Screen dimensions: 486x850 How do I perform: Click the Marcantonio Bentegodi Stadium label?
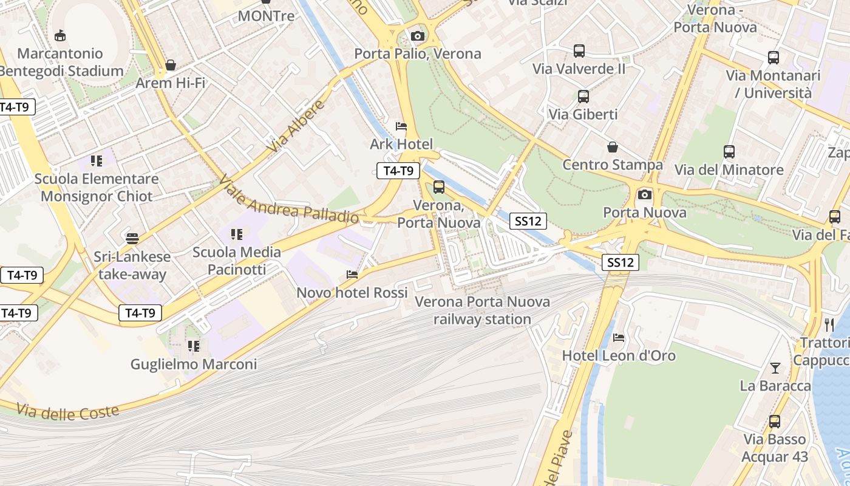(61, 62)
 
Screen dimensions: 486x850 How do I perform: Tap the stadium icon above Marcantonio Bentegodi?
(60, 36)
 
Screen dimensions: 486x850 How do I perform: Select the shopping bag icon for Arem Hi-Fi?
(171, 65)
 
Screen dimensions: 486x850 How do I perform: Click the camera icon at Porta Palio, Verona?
(417, 36)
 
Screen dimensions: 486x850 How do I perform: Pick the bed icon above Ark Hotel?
(401, 126)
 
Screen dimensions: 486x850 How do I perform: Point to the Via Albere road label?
(297, 127)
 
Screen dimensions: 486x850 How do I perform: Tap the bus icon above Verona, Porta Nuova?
(438, 187)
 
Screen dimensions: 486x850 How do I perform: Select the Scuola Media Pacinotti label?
(237, 261)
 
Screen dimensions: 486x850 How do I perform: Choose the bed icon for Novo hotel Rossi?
(352, 275)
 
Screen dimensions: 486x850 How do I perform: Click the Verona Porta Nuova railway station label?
(482, 310)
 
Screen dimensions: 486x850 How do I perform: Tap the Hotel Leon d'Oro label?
(619, 355)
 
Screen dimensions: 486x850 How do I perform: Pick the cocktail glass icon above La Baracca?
(775, 368)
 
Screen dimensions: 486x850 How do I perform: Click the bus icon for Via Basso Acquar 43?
(775, 421)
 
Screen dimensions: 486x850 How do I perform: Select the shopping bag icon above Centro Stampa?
(613, 147)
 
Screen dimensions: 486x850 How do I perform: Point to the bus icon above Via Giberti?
(583, 96)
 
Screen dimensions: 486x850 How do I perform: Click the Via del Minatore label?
(729, 169)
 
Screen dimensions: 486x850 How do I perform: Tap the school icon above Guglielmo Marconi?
(194, 346)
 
